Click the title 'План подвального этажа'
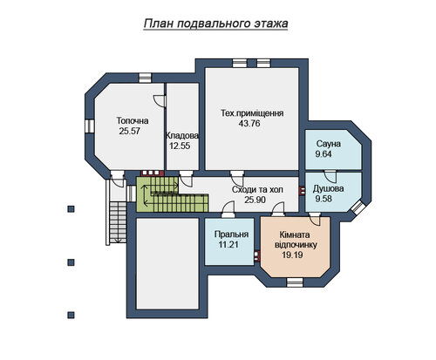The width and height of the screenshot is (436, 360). (215, 24)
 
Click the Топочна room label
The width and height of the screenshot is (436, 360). (133, 120)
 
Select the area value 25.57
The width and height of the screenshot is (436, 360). (129, 131)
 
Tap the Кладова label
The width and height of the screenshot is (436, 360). (182, 135)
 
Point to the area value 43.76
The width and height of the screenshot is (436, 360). (249, 124)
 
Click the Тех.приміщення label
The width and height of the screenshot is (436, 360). (252, 113)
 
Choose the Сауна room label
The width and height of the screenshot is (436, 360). (329, 144)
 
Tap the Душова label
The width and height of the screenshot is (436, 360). (328, 188)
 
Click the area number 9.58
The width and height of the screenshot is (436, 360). (324, 199)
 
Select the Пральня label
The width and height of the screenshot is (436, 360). (231, 234)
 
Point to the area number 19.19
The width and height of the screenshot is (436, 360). (292, 255)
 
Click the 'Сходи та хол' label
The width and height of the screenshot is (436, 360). (257, 190)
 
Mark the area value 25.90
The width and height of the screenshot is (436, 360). (255, 200)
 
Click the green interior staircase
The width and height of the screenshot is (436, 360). (172, 194)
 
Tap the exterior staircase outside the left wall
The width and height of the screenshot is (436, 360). (118, 222)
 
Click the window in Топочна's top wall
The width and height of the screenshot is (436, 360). (145, 78)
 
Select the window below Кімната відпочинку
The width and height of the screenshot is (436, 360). (294, 282)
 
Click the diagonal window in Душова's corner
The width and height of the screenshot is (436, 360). (358, 208)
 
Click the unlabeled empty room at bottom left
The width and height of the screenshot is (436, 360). (167, 264)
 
